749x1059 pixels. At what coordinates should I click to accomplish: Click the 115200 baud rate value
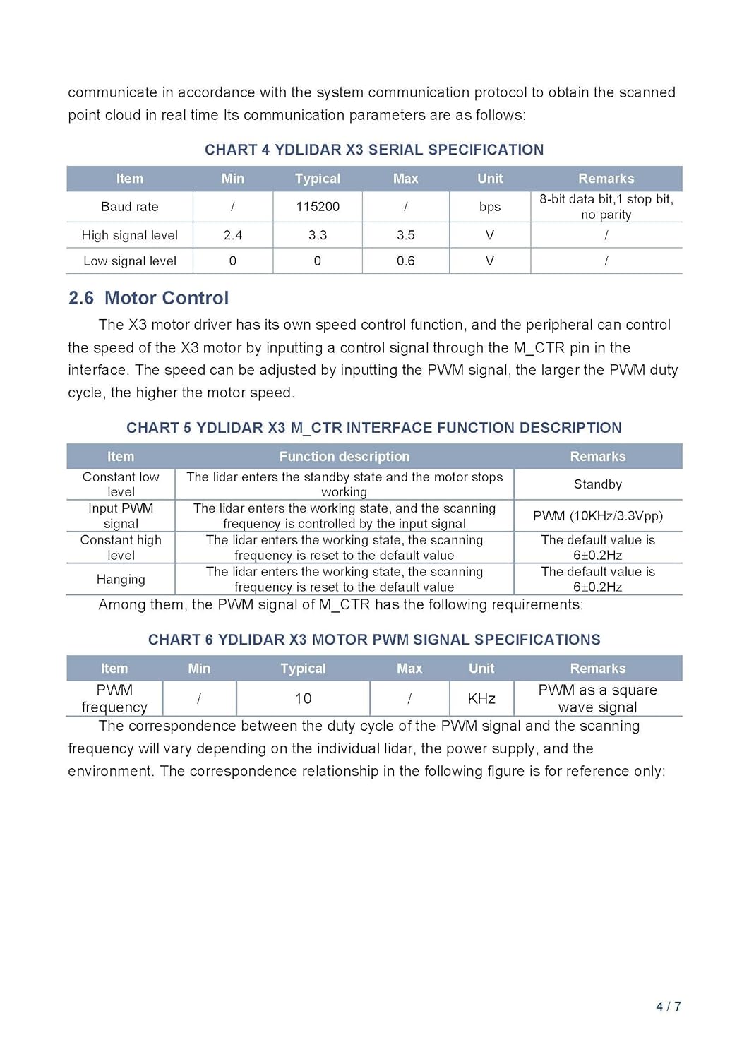pos(318,207)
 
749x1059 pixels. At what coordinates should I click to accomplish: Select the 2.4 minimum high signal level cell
pos(233,235)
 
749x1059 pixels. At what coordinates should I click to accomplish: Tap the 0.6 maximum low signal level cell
pos(405,261)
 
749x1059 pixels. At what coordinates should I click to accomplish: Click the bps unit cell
pos(489,207)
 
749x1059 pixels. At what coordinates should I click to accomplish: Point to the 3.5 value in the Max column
pos(405,235)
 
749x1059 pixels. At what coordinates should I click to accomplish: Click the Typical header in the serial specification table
pos(318,179)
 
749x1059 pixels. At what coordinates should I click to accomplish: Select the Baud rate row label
pos(130,207)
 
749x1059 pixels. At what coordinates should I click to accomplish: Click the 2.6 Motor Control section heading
pos(148,298)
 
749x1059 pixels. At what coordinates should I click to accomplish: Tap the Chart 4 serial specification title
pos(374,150)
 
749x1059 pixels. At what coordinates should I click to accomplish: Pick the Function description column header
pos(344,457)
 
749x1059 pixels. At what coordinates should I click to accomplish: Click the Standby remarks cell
pos(598,484)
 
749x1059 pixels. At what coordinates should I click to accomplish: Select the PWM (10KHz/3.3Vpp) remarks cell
pos(598,516)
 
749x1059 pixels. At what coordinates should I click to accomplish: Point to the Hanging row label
pos(121,580)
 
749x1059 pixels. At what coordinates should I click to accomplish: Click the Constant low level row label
pos(121,484)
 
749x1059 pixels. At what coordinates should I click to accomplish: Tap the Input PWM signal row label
pos(121,516)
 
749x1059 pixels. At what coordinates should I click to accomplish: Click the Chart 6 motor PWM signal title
pos(374,640)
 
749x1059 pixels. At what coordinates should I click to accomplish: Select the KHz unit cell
pos(481,698)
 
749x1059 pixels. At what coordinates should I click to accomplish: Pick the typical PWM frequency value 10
pos(304,698)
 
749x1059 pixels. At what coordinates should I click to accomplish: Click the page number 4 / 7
pos(668,1007)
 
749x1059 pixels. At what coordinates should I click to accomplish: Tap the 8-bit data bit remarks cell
pos(606,207)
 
